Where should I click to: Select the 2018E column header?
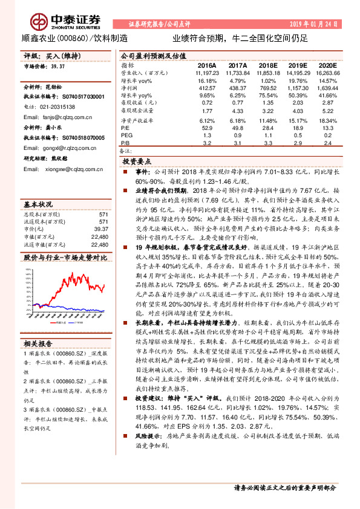click(x=267, y=65)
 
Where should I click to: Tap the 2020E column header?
click(x=327, y=65)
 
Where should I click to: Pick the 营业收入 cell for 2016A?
click(x=207, y=72)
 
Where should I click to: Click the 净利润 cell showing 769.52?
click(x=266, y=88)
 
